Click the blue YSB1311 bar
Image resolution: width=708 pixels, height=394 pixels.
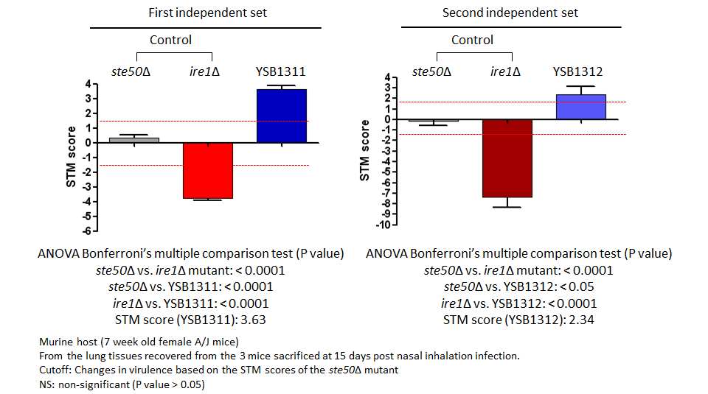coord(282,116)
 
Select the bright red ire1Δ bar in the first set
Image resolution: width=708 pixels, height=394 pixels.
coord(208,170)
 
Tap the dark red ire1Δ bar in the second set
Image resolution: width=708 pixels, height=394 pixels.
coord(507,158)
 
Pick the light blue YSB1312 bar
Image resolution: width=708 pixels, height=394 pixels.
coord(581,107)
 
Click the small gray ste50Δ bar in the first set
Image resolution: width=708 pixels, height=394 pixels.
coord(134,140)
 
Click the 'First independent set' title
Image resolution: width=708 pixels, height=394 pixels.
coord(208,13)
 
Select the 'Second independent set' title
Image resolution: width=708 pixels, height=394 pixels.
coord(510,13)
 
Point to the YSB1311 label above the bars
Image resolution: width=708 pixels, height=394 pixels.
coord(280,71)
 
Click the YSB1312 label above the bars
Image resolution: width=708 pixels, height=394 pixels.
coord(578,71)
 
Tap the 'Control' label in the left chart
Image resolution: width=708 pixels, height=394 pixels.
coord(170,40)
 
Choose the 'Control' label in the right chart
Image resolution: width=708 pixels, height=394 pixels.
coord(472,40)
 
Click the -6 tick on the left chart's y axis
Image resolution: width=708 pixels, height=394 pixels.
coord(87,231)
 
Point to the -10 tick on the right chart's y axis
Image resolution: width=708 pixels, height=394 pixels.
coord(383,225)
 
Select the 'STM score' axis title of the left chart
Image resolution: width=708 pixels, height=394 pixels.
coord(71,156)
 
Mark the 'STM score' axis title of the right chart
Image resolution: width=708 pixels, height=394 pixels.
coord(364,150)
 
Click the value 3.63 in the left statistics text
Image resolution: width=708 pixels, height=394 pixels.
coord(253,320)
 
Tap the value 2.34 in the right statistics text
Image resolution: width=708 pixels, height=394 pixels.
coord(582,320)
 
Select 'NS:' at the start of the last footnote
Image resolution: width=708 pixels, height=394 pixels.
coord(47,384)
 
